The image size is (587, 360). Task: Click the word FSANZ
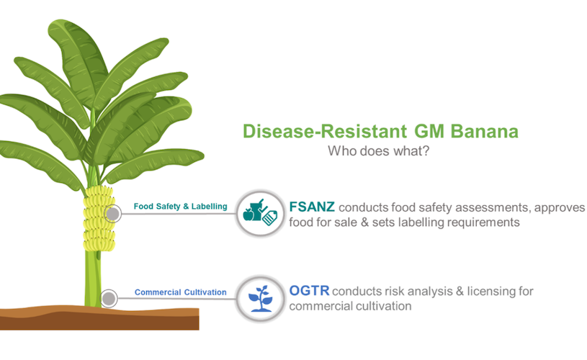pyautogui.click(x=312, y=207)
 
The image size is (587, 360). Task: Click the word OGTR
pyautogui.click(x=309, y=291)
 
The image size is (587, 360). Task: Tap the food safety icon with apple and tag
pyautogui.click(x=260, y=213)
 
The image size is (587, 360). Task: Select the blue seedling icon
pyautogui.click(x=261, y=298)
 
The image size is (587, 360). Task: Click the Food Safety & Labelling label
pyautogui.click(x=181, y=206)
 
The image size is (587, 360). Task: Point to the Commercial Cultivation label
pyautogui.click(x=181, y=292)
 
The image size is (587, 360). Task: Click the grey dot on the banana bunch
pyautogui.click(x=112, y=214)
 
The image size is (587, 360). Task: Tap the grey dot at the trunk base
pyautogui.click(x=109, y=299)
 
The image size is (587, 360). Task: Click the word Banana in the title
pyautogui.click(x=484, y=131)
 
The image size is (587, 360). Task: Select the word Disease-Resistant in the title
pyautogui.click(x=325, y=131)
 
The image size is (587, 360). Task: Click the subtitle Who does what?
pyautogui.click(x=378, y=150)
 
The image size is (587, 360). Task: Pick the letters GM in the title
pyautogui.click(x=429, y=131)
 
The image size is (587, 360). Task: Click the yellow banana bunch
pyautogui.click(x=99, y=219)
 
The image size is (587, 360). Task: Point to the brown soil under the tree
pyautogui.click(x=99, y=318)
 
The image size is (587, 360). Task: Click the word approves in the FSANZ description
pyautogui.click(x=560, y=207)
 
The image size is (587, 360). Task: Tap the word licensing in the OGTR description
pyautogui.click(x=490, y=292)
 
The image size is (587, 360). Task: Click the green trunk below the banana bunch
pyautogui.click(x=92, y=279)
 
